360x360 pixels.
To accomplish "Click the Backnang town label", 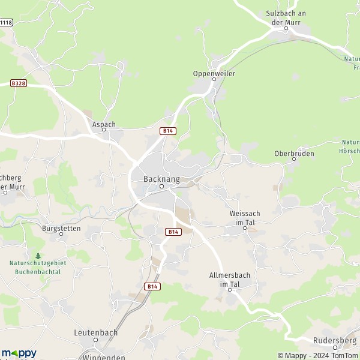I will click(161, 178).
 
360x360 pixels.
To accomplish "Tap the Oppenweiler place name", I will click(214, 73).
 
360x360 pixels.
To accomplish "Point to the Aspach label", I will click(104, 124).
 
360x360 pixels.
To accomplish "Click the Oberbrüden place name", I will click(294, 153).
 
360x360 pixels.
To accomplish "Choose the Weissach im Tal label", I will click(245, 217).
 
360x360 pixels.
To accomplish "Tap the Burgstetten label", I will click(61, 228).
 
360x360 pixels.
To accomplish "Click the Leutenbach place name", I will click(96, 332).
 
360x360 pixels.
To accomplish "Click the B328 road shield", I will click(18, 84).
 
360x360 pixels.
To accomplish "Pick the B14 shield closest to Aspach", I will click(167, 130).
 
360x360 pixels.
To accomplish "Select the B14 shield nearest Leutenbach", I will click(152, 286).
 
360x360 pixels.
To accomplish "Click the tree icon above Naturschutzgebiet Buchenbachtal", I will click(38, 256).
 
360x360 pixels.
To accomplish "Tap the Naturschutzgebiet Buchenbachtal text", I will click(38, 267).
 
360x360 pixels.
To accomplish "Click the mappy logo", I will click(19, 353).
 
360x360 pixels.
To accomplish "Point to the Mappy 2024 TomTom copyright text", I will click(317, 355).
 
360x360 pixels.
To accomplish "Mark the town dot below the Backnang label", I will click(161, 187).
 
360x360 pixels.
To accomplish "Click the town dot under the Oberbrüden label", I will click(294, 159).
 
